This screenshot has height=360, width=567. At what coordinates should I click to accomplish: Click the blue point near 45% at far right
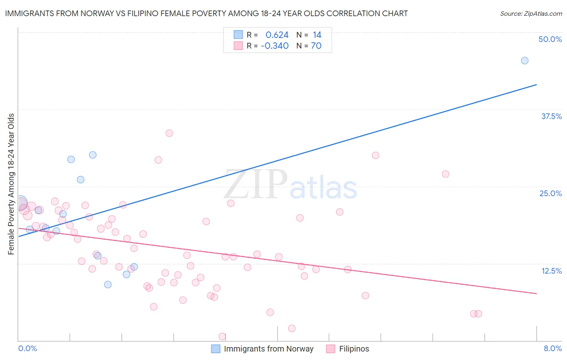(x=524, y=61)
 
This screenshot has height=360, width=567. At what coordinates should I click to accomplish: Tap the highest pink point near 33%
(x=169, y=133)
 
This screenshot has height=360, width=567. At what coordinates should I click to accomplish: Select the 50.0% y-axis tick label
(x=550, y=39)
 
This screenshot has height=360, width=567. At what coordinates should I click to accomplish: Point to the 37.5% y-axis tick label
(x=551, y=116)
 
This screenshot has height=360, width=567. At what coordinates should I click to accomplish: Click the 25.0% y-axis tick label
(x=550, y=193)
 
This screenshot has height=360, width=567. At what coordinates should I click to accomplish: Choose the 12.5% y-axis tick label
(x=551, y=271)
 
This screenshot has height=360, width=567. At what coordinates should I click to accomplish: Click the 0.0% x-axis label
(x=27, y=348)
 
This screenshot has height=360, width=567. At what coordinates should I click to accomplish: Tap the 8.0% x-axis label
(x=552, y=348)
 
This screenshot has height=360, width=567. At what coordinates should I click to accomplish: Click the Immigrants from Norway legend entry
(x=269, y=349)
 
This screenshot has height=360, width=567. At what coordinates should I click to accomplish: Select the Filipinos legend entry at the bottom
(x=354, y=349)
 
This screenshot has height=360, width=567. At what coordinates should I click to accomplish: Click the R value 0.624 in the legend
(x=277, y=35)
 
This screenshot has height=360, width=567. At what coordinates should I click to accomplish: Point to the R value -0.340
(x=275, y=46)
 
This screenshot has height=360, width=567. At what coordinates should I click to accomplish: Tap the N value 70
(x=316, y=46)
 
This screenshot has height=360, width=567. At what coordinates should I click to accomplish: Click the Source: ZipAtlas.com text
(x=531, y=13)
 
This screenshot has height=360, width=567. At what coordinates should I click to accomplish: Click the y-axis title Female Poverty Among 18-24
(x=11, y=184)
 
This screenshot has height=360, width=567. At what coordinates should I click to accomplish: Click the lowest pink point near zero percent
(x=222, y=336)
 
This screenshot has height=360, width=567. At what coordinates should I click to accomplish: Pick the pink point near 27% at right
(x=445, y=174)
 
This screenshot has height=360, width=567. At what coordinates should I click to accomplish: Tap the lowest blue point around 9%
(x=108, y=285)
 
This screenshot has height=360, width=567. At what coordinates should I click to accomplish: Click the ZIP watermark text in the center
(x=256, y=185)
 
